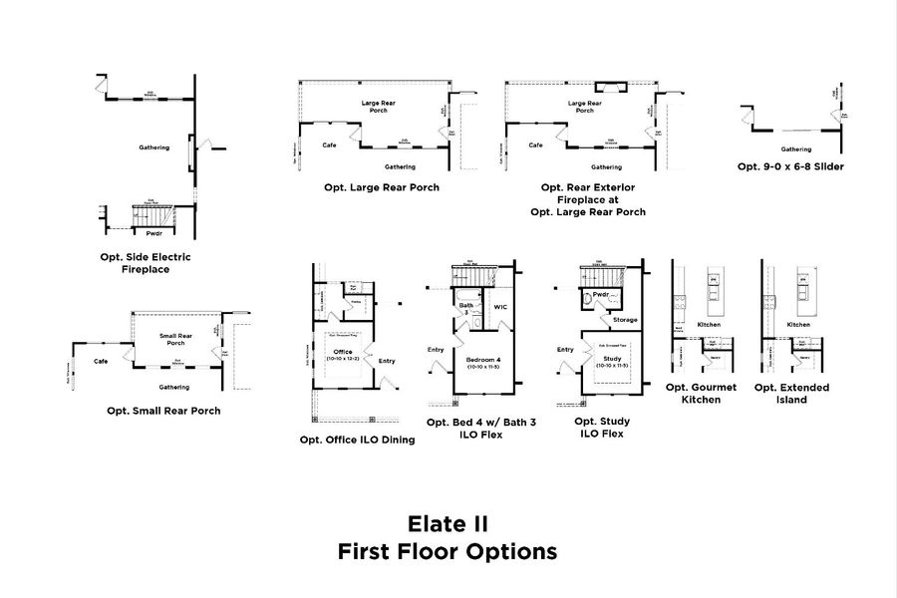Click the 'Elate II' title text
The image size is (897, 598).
pyautogui.click(x=448, y=523)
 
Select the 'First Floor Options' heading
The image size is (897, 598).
pyautogui.click(x=448, y=551)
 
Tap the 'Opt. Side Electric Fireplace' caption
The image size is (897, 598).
pyautogui.click(x=146, y=263)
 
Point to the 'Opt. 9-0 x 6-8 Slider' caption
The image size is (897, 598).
pyautogui.click(x=790, y=166)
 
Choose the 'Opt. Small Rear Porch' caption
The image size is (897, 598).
pyautogui.click(x=163, y=411)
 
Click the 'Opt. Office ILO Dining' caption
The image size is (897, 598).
pyautogui.click(x=357, y=440)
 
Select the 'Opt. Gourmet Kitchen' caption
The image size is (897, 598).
pyautogui.click(x=709, y=393)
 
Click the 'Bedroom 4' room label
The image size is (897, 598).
pyautogui.click(x=482, y=356)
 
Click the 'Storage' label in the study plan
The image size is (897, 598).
pyautogui.click(x=625, y=320)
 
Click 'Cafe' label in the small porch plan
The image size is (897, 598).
pyautogui.click(x=101, y=361)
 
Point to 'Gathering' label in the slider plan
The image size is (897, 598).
pyautogui.click(x=795, y=149)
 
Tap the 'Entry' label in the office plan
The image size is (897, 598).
pyautogui.click(x=390, y=360)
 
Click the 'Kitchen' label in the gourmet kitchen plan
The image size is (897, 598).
pyautogui.click(x=709, y=325)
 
